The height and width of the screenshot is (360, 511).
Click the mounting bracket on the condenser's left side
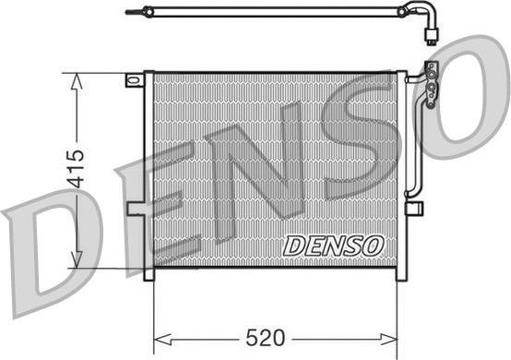pos(136,209)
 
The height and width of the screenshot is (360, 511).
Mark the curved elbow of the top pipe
pos(409,12)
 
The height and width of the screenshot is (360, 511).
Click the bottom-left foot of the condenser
pos(148,274)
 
